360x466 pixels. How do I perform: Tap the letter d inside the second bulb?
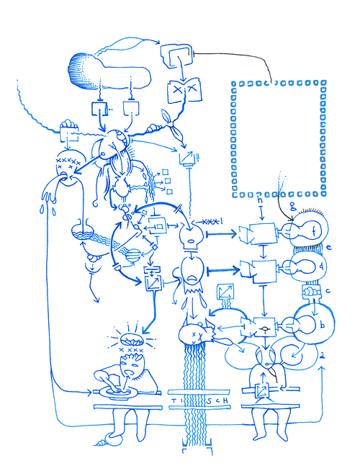(x=301, y=267)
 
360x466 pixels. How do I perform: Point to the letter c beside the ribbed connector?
(x=327, y=292)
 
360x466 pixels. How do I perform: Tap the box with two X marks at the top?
(x=176, y=91)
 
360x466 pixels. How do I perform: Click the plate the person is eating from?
(x=116, y=390)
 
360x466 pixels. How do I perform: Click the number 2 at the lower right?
(x=323, y=357)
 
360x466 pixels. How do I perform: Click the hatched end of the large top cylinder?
(x=81, y=72)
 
